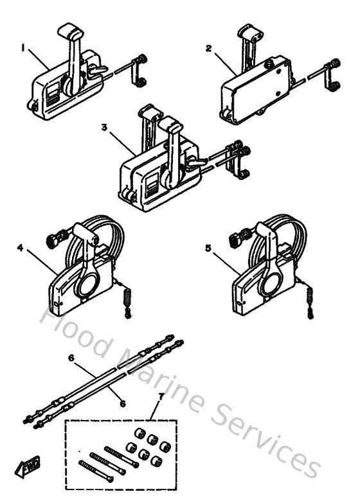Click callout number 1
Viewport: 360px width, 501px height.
(24, 47)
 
